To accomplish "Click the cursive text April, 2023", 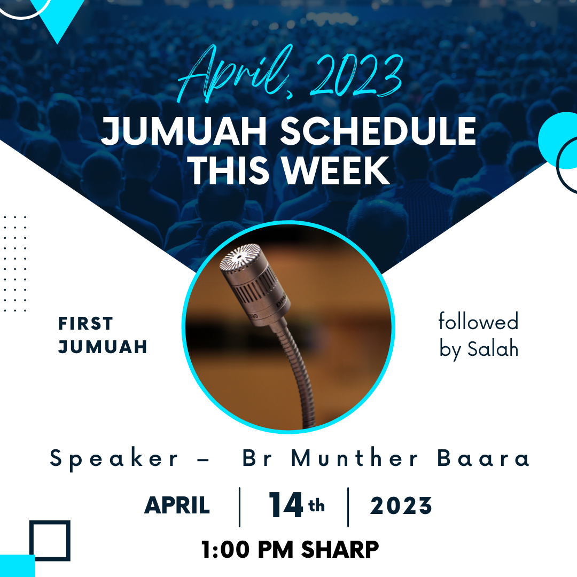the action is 290,74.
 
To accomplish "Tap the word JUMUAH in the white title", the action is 184,131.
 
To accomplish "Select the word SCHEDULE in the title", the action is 378,131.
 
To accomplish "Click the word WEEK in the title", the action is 336,170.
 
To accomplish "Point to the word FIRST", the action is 85,323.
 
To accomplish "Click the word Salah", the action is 493,349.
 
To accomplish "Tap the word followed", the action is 478,321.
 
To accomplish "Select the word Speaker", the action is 114,459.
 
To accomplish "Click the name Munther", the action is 355,457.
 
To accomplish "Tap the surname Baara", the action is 483,458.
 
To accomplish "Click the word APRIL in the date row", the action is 177,505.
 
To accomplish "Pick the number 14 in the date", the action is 286,504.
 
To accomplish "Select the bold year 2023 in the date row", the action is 401,505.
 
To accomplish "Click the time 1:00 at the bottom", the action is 225,550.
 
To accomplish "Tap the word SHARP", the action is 340,550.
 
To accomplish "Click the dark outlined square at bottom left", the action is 50,522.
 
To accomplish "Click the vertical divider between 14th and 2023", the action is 348,507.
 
